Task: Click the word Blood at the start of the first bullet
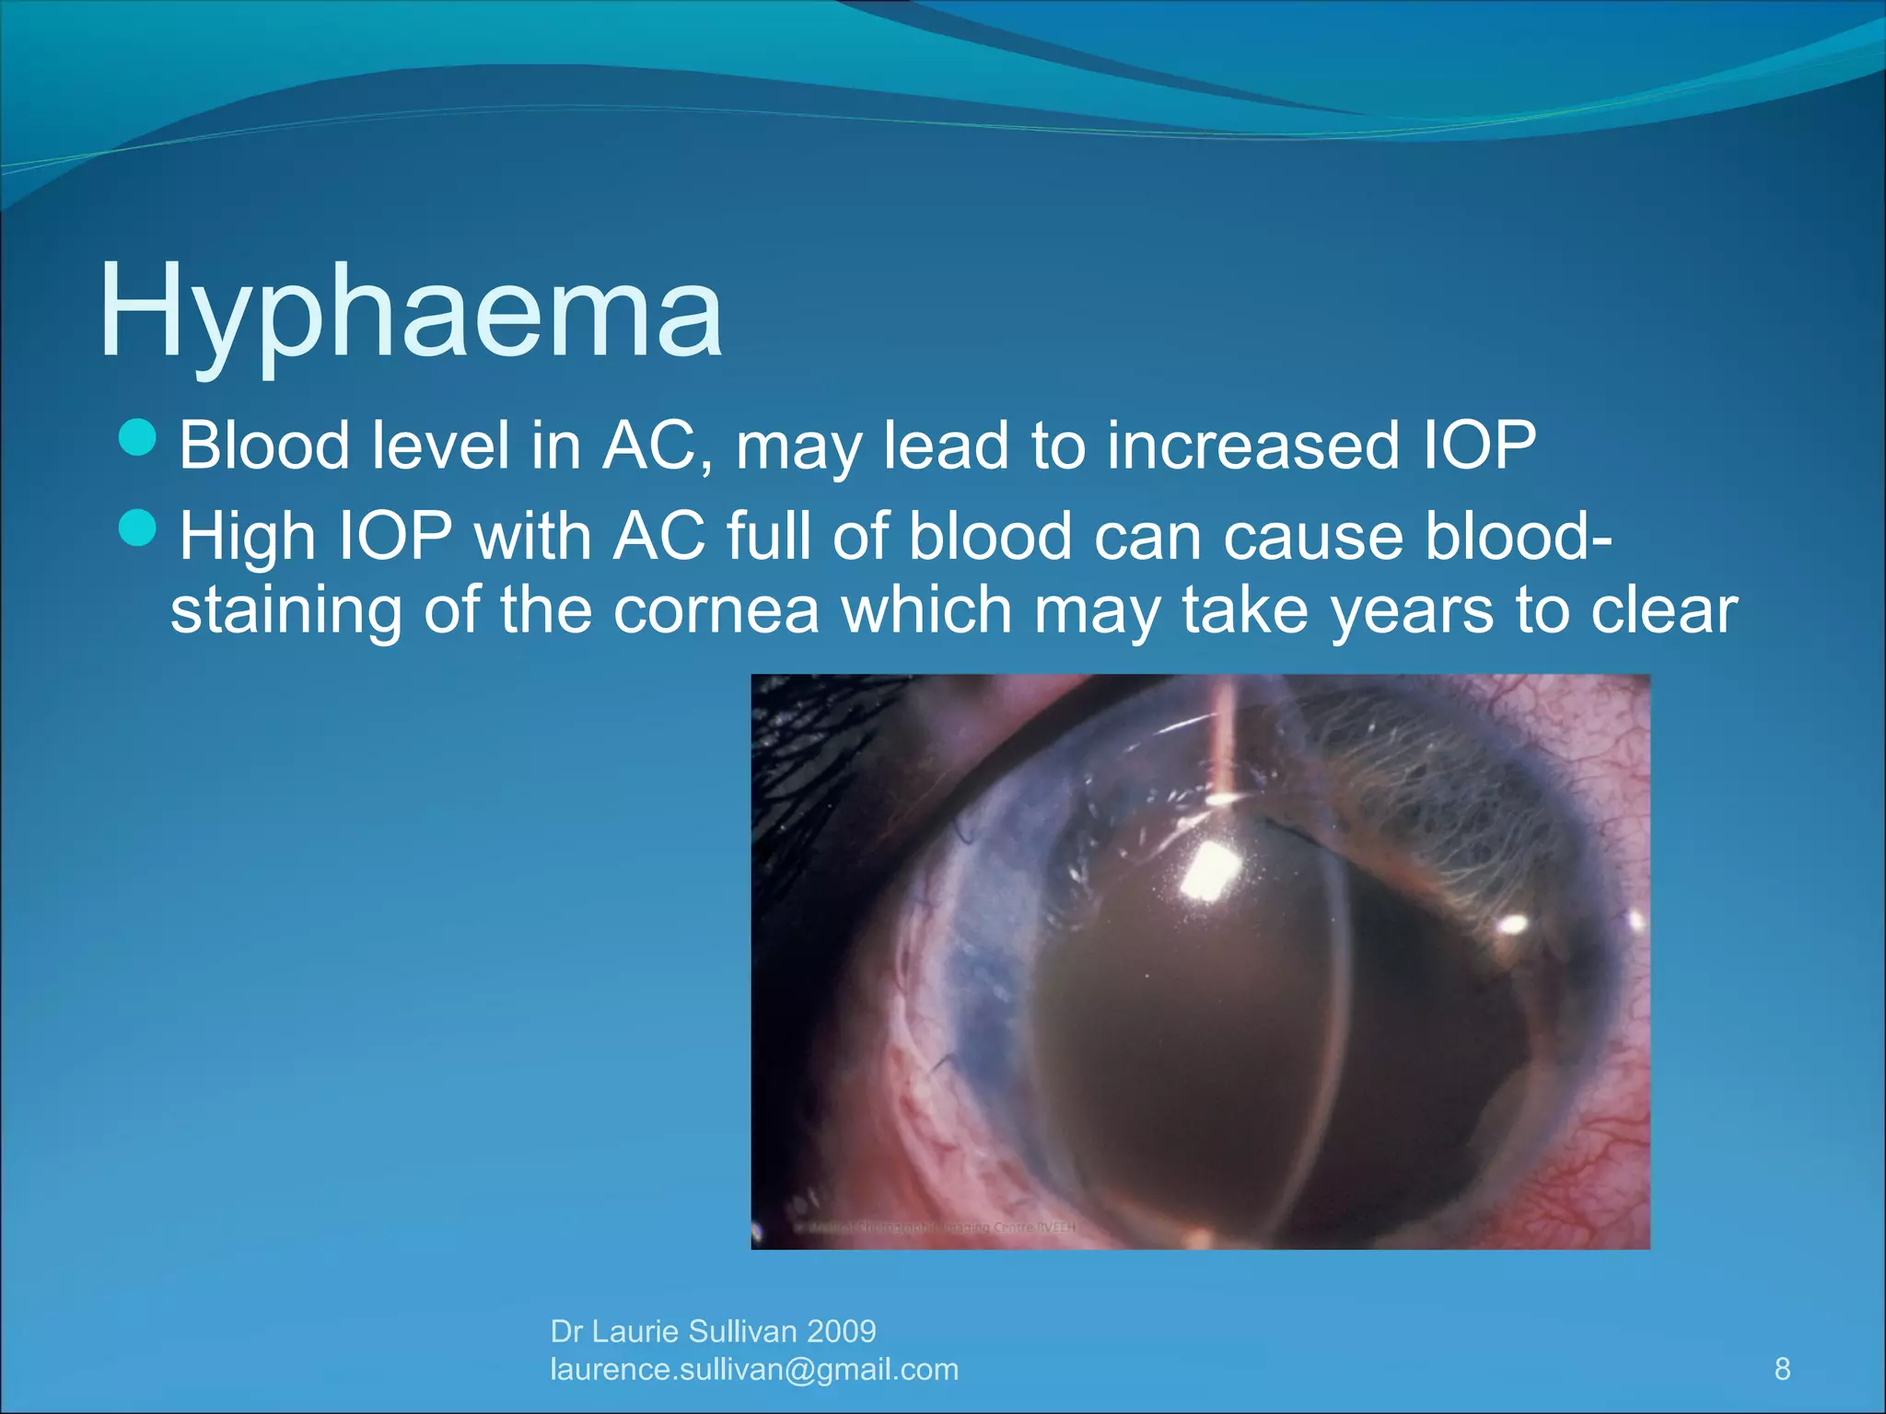click(x=264, y=446)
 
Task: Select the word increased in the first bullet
click(x=1252, y=446)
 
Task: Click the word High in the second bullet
click(x=247, y=536)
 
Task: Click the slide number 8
click(x=1782, y=1369)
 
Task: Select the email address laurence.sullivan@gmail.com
click(x=754, y=1370)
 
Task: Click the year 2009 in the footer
click(x=841, y=1331)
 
